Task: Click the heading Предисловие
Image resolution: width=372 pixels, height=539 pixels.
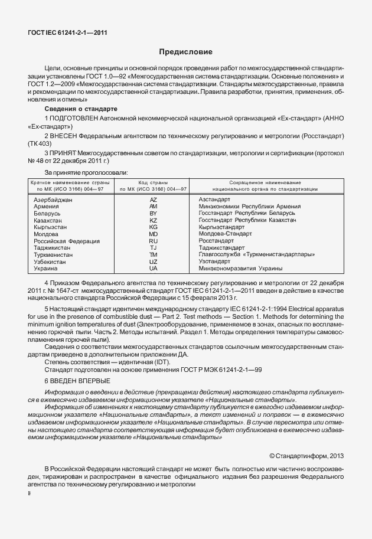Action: coord(185,53)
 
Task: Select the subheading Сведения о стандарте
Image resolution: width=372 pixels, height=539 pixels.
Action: coord(81,109)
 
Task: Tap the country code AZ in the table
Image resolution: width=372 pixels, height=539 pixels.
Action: coord(154,200)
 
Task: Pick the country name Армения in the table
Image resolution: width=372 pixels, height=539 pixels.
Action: coord(47,207)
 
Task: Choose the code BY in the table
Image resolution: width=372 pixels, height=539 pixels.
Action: coord(154,214)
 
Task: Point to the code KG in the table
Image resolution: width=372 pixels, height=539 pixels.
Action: coord(154,227)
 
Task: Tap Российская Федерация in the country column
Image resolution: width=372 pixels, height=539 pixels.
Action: coord(67,241)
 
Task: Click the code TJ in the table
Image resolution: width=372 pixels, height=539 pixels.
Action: coord(154,248)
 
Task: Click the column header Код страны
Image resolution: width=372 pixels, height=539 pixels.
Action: coord(154,182)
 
